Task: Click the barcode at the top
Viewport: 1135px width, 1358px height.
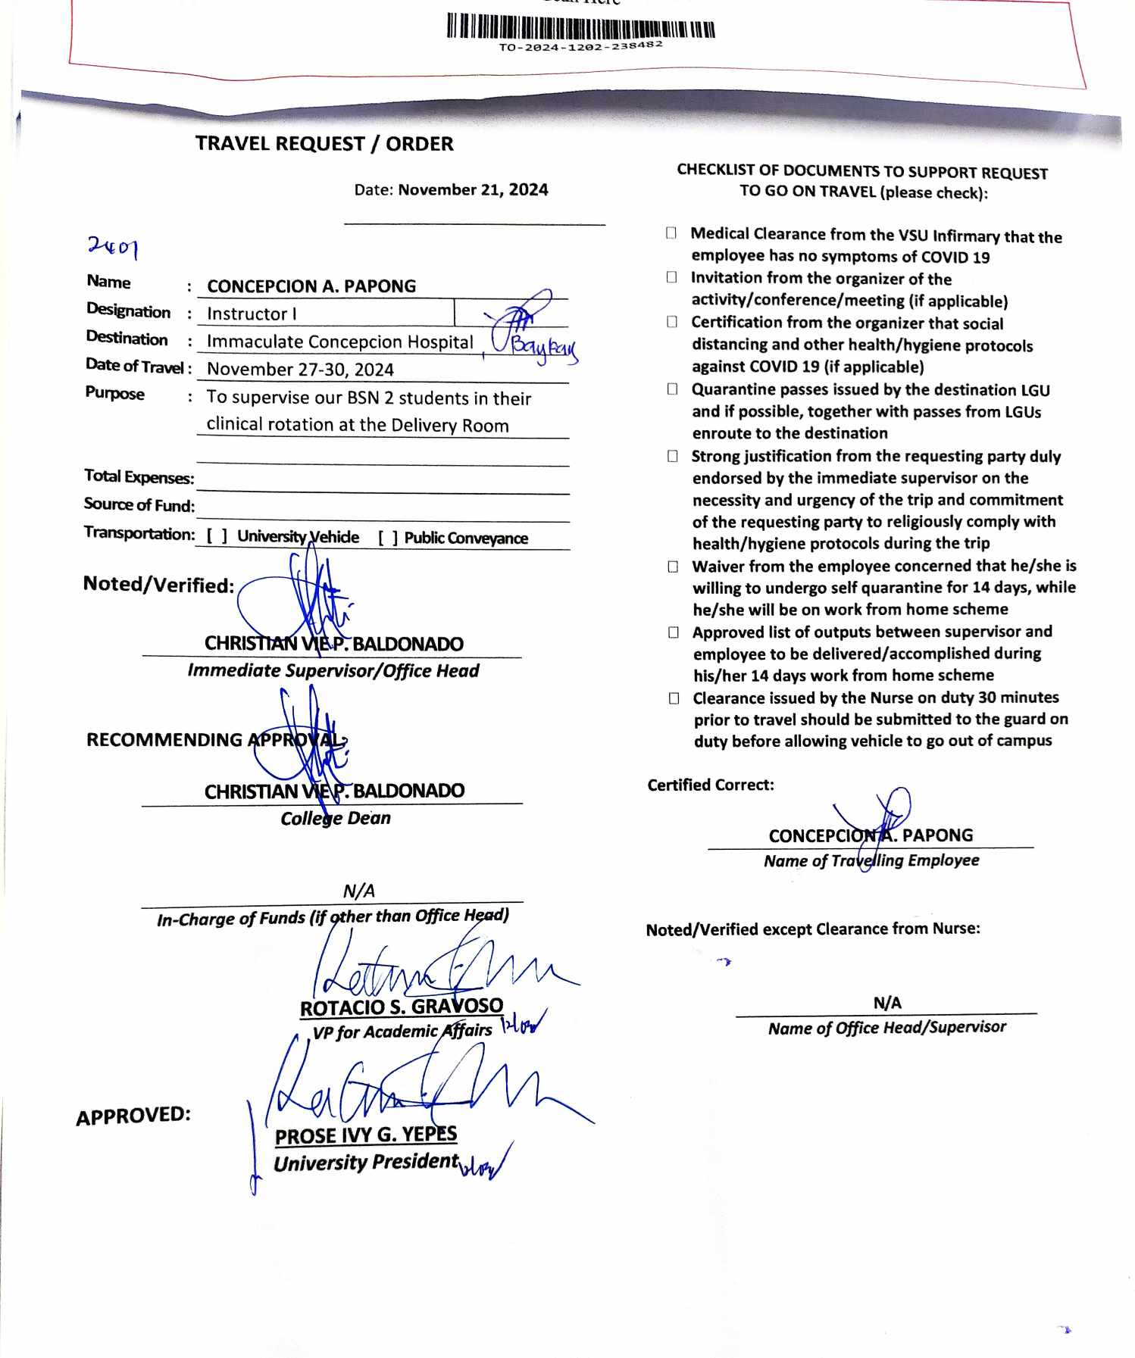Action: pos(580,26)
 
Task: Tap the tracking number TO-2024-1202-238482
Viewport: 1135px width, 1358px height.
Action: pos(580,46)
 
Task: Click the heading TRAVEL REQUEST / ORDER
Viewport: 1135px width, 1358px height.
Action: pos(324,144)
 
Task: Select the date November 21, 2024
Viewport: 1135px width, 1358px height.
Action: pos(473,190)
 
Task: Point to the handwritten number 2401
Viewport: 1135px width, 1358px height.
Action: pos(113,246)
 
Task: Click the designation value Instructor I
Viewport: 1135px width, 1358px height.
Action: pos(252,314)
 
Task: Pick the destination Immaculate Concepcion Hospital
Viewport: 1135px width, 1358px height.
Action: pos(339,342)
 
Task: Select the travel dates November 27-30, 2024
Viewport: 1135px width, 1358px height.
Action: pos(300,370)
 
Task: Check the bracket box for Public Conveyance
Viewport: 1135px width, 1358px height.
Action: pos(389,538)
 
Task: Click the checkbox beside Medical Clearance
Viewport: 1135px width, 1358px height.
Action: pos(671,233)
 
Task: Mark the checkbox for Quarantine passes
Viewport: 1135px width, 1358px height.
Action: pos(672,389)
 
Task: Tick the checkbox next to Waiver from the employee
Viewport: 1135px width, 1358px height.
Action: pos(673,567)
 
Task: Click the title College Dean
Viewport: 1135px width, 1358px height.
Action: pos(336,819)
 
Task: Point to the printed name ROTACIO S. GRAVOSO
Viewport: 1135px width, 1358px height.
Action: pos(402,1007)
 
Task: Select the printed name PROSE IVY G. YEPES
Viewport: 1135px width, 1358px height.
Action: pos(366,1135)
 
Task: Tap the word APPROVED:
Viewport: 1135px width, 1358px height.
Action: pos(133,1116)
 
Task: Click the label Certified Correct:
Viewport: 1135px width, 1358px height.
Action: pos(711,785)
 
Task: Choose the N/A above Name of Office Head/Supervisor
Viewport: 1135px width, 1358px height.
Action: pos(887,1004)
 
